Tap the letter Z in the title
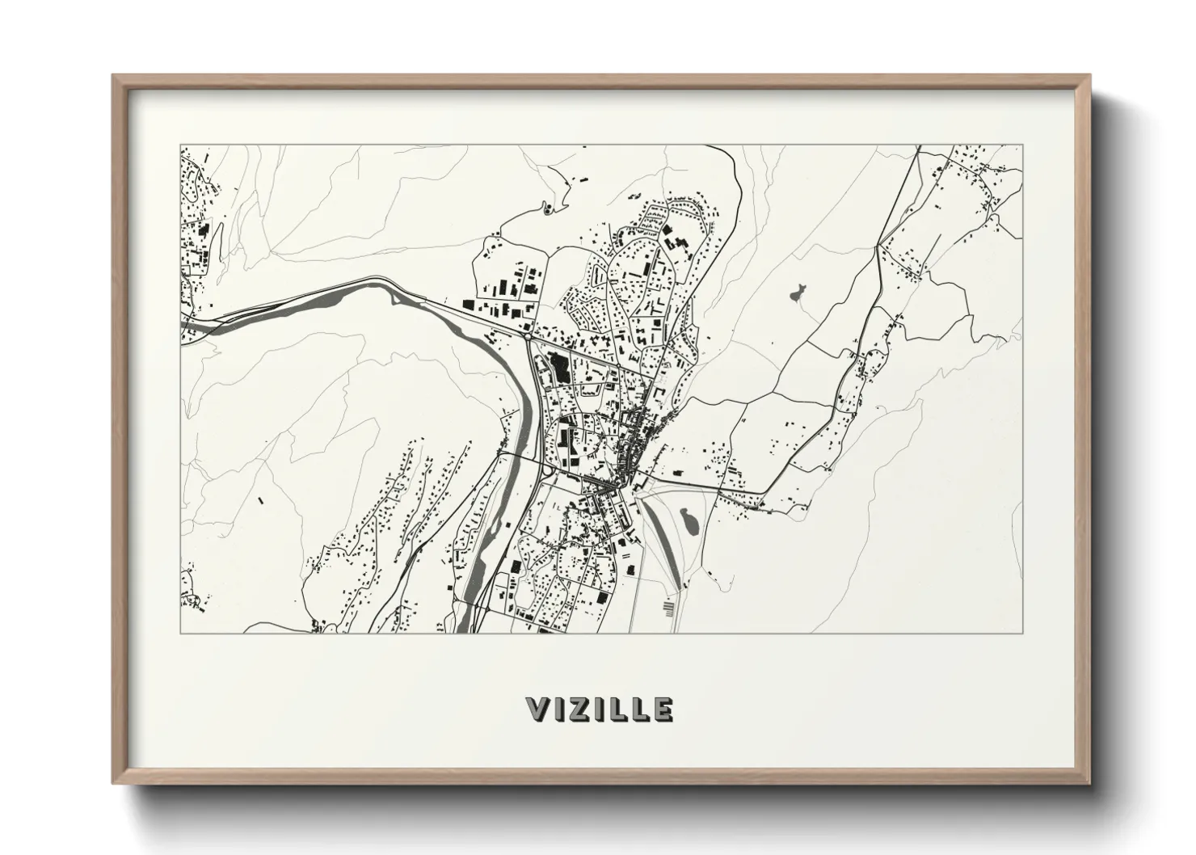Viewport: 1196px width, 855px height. coord(581,710)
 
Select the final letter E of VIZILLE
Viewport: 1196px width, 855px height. coord(662,710)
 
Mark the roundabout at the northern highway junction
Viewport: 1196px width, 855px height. coord(527,334)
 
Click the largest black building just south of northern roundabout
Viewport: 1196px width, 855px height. coord(558,361)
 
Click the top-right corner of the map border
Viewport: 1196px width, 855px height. coord(1023,145)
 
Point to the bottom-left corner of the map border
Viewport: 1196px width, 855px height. coord(180,633)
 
